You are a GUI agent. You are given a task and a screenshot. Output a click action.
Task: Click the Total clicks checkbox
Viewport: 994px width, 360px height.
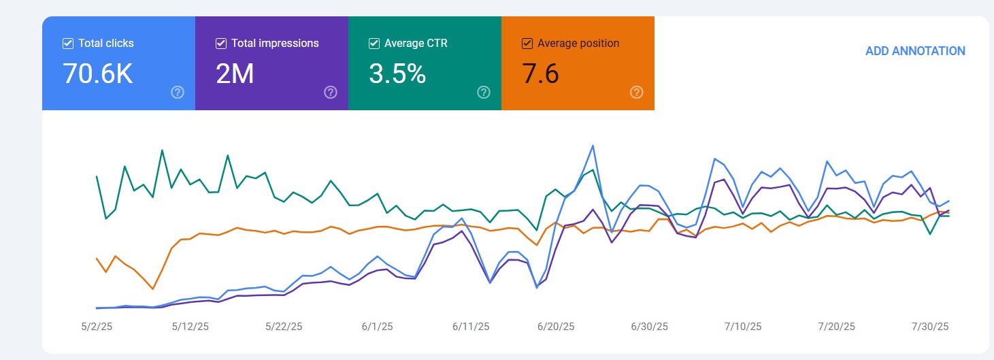(68, 44)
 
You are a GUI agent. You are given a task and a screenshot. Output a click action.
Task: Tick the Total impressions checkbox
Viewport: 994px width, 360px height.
(221, 44)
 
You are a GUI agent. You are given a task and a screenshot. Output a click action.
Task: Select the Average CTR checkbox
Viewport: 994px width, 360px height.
(374, 44)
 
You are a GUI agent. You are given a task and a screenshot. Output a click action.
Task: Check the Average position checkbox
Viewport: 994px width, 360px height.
(527, 44)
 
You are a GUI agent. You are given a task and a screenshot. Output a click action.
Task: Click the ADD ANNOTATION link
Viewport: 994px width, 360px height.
(915, 51)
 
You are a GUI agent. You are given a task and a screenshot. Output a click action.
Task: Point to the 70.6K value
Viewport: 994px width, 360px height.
(97, 73)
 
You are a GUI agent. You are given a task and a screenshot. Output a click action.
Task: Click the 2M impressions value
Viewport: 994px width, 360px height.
(235, 73)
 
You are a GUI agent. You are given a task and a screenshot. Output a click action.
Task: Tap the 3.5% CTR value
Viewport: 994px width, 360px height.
(397, 73)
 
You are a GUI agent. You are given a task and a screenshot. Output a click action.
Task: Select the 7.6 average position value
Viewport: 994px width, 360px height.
(540, 73)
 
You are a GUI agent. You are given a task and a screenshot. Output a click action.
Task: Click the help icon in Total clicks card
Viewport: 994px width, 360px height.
(178, 93)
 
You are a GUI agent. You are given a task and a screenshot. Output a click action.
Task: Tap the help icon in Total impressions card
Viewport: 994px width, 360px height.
(331, 93)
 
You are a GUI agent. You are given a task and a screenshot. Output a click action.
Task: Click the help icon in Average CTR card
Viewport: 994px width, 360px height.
(484, 93)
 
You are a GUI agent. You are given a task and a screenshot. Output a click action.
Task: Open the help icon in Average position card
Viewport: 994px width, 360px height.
(637, 93)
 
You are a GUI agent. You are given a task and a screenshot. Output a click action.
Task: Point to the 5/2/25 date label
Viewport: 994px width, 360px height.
(97, 327)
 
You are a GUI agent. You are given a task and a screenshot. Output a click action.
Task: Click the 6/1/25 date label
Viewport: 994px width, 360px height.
(377, 327)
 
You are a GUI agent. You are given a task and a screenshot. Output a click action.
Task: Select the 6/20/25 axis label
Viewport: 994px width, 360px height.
(556, 327)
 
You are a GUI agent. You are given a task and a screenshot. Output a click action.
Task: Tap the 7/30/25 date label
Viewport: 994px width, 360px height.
(930, 327)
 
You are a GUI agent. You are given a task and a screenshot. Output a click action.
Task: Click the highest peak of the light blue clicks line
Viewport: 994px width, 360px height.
(593, 146)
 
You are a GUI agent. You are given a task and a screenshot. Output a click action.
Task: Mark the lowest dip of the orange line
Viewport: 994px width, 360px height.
(153, 289)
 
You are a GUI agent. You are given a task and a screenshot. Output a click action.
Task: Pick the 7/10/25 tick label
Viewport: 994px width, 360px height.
(743, 327)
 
